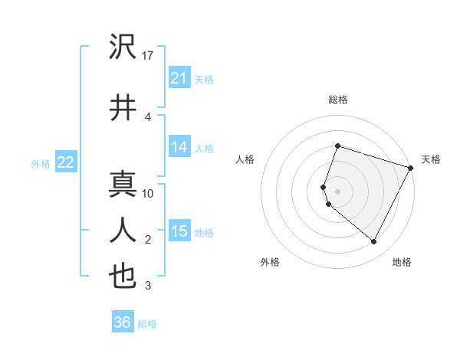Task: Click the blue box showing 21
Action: click(179, 78)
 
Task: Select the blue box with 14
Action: click(179, 147)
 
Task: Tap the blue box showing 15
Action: click(179, 231)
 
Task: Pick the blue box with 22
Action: click(65, 162)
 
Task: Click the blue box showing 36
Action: click(122, 322)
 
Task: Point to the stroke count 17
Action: click(148, 56)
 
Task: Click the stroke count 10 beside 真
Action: click(148, 193)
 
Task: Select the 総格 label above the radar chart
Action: click(337, 100)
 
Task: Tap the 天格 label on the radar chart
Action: click(431, 159)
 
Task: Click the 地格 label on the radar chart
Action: click(402, 262)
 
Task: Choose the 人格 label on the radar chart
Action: click(245, 159)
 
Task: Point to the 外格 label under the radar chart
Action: click(270, 262)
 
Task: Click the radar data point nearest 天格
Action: click(411, 168)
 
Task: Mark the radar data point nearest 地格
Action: click(374, 242)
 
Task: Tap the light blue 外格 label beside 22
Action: click(41, 163)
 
